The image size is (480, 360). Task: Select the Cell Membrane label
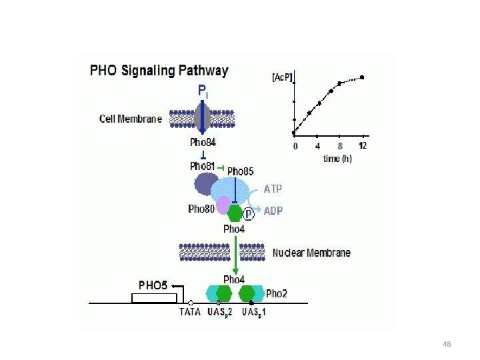click(131, 119)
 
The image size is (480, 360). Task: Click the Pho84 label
click(203, 142)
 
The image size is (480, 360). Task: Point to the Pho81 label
click(202, 166)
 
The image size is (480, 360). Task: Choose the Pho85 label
click(240, 171)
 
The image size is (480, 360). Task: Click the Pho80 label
click(201, 208)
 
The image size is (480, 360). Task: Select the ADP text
click(273, 211)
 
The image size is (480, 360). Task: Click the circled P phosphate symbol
click(249, 213)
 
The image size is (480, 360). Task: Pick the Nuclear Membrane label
click(311, 253)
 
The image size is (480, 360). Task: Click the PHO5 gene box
click(153, 297)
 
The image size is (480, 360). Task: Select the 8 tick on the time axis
click(340, 145)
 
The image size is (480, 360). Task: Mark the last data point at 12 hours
click(362, 77)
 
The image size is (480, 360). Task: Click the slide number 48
click(447, 343)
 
